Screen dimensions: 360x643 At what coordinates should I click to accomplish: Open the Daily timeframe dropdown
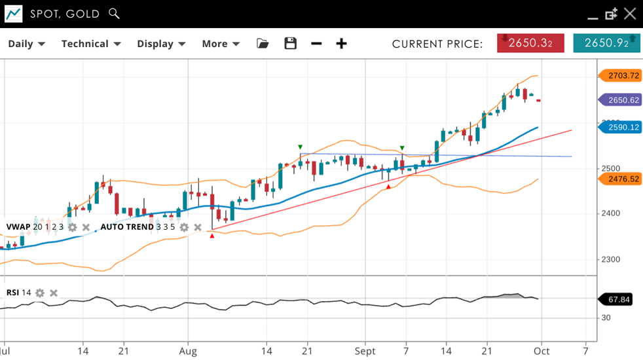pos(26,44)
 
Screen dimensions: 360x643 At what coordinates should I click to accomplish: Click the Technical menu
pos(91,44)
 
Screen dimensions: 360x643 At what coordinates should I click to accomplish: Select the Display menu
pos(161,44)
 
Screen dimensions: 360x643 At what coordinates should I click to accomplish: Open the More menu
pos(221,44)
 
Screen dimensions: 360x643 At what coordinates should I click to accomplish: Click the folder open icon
pos(263,44)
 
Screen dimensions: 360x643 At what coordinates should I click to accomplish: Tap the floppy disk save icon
pos(291,44)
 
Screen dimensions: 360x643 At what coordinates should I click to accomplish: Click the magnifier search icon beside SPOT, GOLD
pos(115,14)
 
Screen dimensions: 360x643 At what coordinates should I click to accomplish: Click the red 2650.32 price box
pos(530,43)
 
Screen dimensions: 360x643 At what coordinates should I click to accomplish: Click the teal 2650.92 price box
pos(606,43)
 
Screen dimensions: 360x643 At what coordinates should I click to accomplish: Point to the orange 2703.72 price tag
pos(621,75)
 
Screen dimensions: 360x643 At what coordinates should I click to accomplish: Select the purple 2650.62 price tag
pos(621,100)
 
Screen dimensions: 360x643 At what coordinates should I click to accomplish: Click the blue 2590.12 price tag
pos(621,127)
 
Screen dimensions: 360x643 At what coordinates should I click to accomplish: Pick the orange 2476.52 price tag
pos(621,179)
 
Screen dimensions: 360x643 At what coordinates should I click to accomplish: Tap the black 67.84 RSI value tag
pos(619,299)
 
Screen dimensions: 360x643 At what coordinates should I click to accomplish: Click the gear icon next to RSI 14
pos(40,293)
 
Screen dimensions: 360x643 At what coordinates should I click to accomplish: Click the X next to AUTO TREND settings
pos(198,227)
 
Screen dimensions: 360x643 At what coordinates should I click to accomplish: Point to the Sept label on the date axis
pos(365,351)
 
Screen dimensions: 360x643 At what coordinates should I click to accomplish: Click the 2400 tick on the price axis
pos(610,213)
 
